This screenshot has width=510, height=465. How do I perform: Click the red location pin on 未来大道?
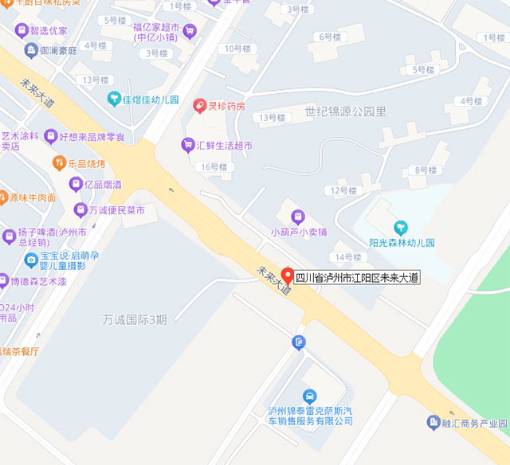point(288,274)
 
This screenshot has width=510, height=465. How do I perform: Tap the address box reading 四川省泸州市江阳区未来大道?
point(357,278)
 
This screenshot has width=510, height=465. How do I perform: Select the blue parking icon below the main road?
point(298,343)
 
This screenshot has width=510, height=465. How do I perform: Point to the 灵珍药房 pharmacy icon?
point(199,105)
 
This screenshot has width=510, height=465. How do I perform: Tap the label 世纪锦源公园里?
point(345,111)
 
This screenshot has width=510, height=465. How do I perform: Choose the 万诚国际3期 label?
point(135,320)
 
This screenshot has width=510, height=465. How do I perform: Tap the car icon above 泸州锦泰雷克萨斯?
point(309,396)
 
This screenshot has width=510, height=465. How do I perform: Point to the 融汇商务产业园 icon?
point(433,422)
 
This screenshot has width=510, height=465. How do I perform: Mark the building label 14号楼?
point(347,257)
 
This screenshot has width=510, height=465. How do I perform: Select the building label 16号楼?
point(214,167)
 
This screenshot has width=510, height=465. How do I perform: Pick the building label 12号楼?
point(343,190)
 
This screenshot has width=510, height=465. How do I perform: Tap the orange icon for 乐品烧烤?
point(59,162)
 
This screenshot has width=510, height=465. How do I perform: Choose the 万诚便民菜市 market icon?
point(80,210)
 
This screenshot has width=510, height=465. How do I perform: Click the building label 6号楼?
point(329,37)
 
